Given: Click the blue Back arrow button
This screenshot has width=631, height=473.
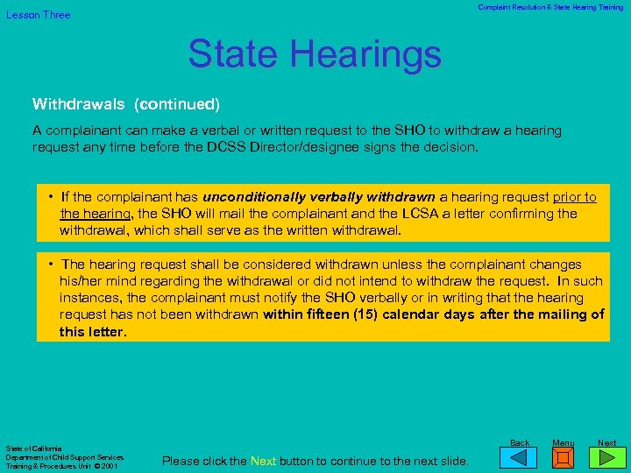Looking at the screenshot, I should point(520,456).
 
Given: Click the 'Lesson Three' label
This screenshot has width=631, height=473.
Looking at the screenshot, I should point(39,15).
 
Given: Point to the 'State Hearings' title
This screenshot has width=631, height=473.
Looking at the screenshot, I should point(315,54).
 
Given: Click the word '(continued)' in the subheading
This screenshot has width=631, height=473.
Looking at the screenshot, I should point(176,104).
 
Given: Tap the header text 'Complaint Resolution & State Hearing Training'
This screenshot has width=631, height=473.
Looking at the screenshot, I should point(550,7).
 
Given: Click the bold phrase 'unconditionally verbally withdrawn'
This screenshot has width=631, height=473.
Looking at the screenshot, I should point(319,197).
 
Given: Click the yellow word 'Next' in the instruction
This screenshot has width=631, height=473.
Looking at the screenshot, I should point(264,461).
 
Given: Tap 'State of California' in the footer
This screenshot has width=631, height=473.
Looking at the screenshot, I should point(32,448).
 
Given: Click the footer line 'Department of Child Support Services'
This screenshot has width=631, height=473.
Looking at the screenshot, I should point(65,457).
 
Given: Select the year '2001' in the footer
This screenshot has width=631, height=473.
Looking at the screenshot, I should point(110,466).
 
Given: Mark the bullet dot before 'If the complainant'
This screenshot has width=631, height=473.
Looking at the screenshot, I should point(53,197).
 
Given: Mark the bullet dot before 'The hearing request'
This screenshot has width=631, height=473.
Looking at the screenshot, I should point(53,264).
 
